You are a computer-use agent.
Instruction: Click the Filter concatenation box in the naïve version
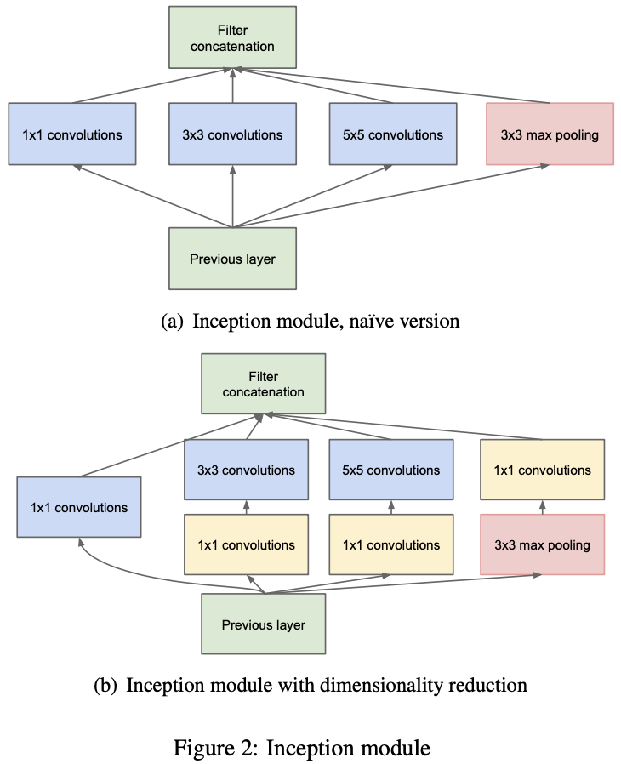click(x=232, y=37)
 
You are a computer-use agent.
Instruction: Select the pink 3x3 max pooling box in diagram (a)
click(x=550, y=134)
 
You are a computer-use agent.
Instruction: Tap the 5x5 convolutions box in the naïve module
click(x=393, y=134)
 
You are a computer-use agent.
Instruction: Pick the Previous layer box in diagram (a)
click(x=232, y=259)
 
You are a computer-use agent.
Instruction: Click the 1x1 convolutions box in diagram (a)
click(x=72, y=134)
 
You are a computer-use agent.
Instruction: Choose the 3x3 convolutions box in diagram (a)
click(x=232, y=134)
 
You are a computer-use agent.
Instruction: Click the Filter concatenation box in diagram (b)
click(x=264, y=384)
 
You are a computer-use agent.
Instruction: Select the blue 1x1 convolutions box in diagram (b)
click(x=79, y=507)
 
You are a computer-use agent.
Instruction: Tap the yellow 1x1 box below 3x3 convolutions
click(x=246, y=544)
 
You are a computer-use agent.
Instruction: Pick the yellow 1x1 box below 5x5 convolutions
click(x=391, y=544)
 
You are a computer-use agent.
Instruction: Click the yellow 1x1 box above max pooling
click(x=543, y=470)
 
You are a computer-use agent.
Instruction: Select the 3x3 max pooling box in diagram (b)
click(x=543, y=544)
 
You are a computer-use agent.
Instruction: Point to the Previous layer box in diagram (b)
click(x=264, y=624)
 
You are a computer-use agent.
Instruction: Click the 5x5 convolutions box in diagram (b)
click(x=391, y=470)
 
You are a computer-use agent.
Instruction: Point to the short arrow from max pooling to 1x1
click(x=543, y=507)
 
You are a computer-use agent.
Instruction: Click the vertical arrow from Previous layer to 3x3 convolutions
click(x=232, y=197)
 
